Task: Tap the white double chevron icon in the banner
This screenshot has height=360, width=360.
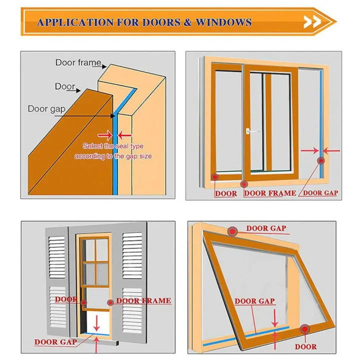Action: coord(312,22)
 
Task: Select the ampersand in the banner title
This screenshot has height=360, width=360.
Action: coord(187,22)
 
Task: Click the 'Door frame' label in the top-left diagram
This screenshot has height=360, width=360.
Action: coord(78,63)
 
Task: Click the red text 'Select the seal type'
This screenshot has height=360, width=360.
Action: coord(112,146)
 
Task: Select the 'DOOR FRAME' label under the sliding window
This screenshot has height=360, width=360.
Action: coord(269,193)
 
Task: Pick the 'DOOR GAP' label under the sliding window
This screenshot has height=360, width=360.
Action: coord(320,192)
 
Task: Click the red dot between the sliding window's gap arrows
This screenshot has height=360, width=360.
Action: coord(320,161)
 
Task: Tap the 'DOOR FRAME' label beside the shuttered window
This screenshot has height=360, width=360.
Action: coord(143,301)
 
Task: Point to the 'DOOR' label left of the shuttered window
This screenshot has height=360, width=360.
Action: coord(66,299)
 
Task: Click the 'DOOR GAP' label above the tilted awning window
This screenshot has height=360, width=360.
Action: coord(265,228)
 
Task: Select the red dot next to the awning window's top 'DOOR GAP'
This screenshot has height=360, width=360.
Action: coord(232,231)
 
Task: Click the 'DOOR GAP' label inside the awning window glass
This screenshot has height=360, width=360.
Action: coord(254,301)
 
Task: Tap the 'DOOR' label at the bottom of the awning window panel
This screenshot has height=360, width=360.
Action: coord(305,346)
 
